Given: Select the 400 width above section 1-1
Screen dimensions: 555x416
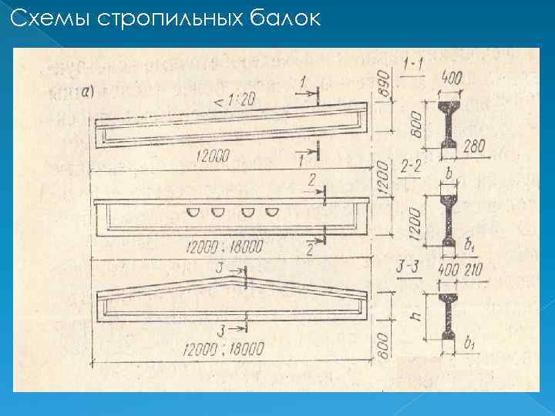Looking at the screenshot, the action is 454,77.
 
